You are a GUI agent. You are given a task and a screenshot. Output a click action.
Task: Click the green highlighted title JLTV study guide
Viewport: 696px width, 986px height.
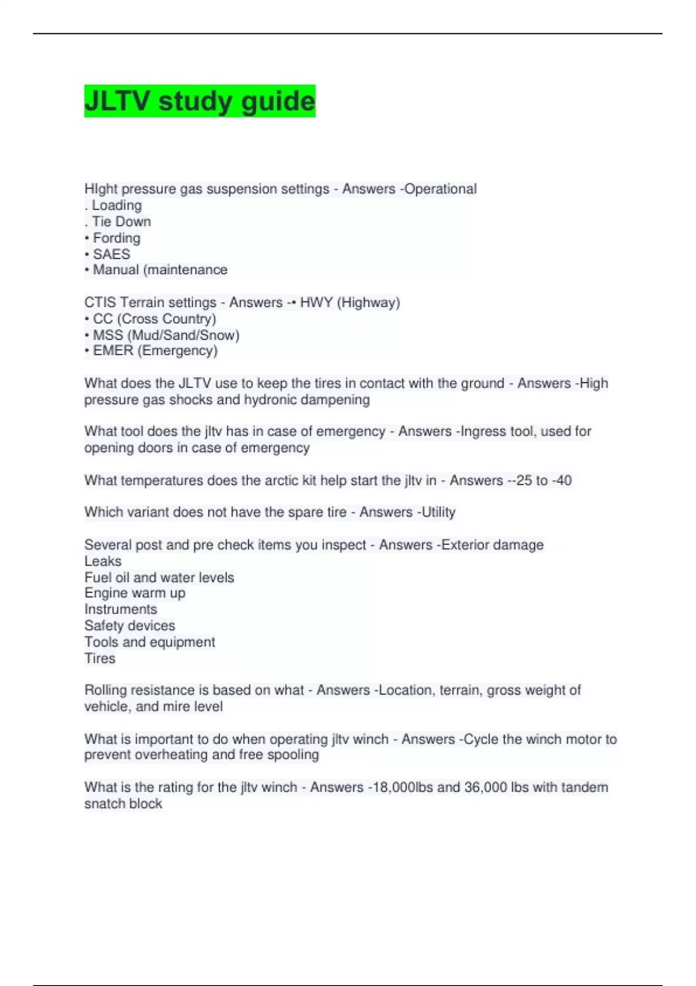click(200, 101)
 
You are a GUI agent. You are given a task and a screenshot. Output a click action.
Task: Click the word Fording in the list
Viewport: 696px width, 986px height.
click(117, 238)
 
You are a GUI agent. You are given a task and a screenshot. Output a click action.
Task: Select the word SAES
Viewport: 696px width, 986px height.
click(111, 254)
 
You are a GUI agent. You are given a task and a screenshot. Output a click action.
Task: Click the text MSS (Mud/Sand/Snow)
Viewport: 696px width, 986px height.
click(166, 335)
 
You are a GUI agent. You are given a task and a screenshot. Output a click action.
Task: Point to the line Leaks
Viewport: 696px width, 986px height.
click(103, 561)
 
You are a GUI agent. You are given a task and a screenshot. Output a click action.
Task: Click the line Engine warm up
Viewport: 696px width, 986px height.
click(135, 593)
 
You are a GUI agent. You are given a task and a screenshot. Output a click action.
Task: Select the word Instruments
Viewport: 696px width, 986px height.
click(121, 609)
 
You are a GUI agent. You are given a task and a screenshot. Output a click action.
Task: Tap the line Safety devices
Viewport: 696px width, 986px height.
click(129, 625)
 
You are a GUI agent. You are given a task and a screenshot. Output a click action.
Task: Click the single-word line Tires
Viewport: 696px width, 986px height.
click(100, 658)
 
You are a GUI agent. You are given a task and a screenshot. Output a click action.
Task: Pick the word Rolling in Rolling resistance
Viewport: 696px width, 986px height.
click(105, 690)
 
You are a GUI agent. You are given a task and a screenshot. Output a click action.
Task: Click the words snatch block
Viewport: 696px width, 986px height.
click(123, 803)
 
